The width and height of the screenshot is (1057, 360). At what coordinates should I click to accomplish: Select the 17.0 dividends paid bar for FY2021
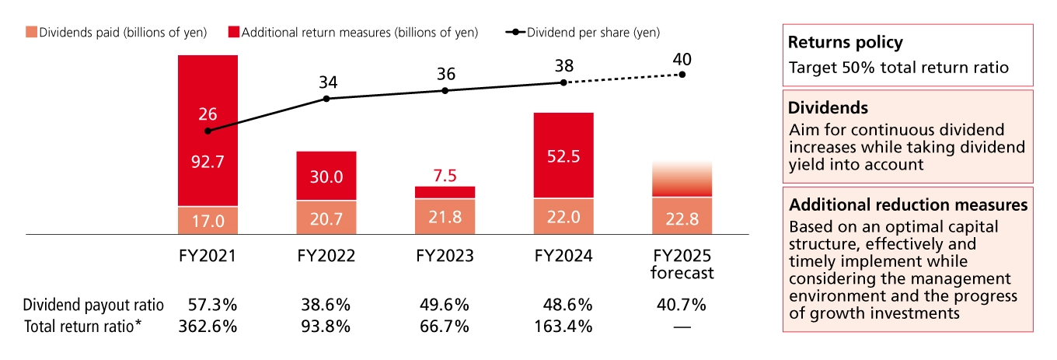click(208, 221)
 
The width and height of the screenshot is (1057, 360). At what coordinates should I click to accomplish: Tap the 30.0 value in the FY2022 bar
click(326, 177)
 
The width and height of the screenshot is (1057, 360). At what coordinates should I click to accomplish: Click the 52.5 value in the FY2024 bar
click(563, 156)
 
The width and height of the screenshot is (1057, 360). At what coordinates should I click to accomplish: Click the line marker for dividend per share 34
click(326, 99)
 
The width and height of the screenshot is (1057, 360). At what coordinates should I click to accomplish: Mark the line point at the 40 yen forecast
click(682, 75)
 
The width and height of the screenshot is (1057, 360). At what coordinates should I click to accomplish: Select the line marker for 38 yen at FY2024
click(563, 82)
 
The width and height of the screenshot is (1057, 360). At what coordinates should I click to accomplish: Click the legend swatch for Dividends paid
click(31, 32)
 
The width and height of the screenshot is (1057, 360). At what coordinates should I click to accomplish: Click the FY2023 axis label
click(445, 256)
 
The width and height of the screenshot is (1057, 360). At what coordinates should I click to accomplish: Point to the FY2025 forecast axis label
click(682, 264)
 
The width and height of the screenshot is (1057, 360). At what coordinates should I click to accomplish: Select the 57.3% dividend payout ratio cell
click(208, 304)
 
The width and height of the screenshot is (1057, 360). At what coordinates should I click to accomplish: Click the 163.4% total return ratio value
click(563, 326)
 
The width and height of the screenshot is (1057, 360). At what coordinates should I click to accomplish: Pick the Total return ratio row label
click(83, 326)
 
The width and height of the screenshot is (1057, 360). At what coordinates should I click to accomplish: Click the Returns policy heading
click(845, 43)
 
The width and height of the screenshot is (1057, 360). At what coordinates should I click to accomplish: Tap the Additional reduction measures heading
click(908, 205)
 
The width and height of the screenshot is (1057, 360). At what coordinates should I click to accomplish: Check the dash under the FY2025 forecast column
click(682, 327)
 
